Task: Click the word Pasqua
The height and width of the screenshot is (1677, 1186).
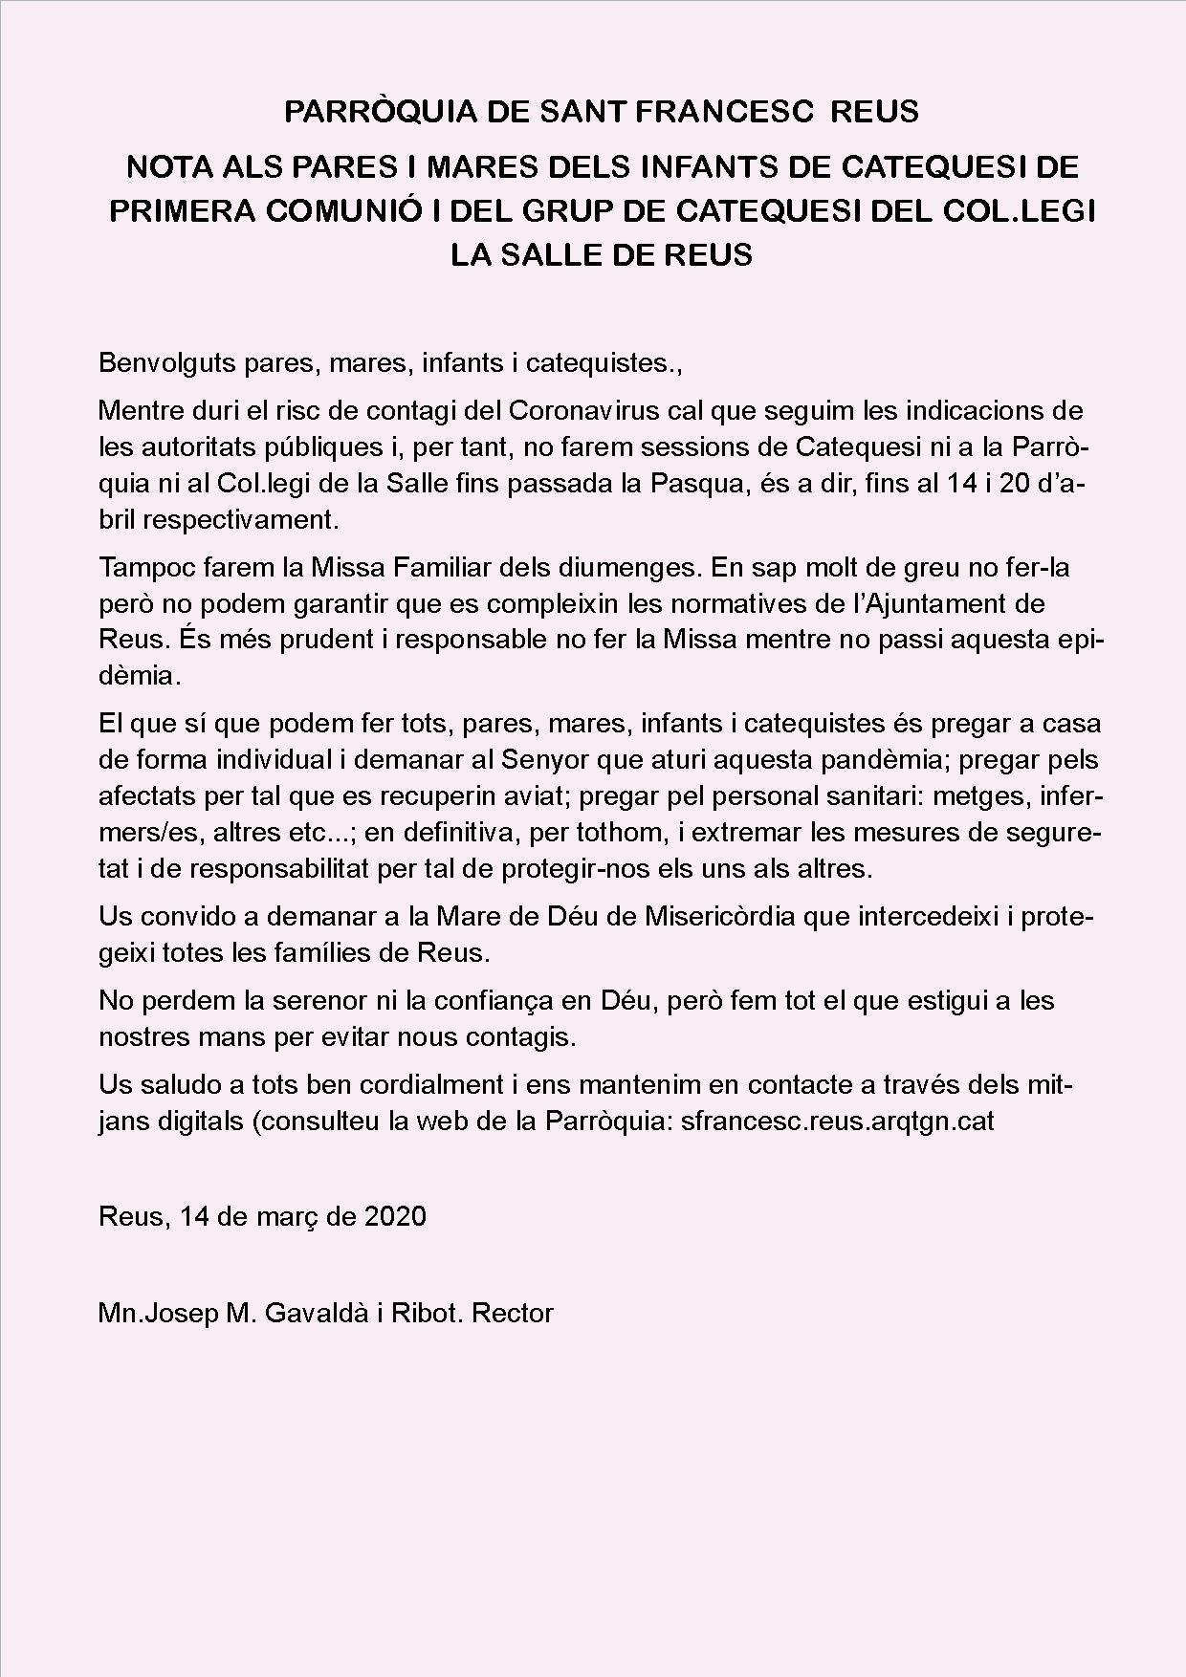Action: (x=695, y=484)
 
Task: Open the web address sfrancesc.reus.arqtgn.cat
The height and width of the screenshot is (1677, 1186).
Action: (x=838, y=1122)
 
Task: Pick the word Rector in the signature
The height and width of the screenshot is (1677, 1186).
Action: (x=513, y=1313)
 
